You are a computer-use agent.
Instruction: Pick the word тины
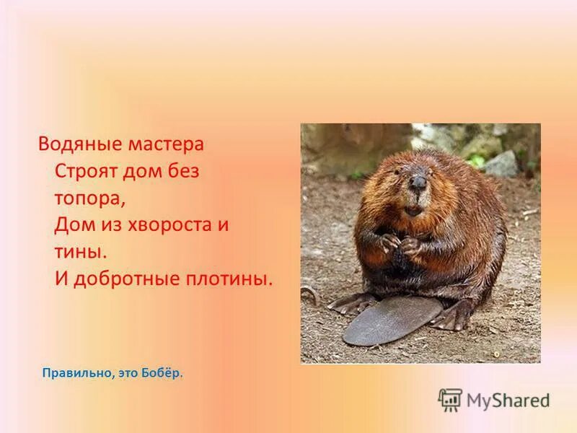point(79,252)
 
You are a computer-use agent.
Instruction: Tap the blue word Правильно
point(76,374)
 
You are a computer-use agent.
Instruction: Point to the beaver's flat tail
point(389,322)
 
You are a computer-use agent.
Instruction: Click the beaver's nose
point(417,182)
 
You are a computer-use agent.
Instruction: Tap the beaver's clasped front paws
point(401,244)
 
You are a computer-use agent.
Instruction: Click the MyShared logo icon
point(450,399)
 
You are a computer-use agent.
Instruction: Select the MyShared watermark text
point(508,400)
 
